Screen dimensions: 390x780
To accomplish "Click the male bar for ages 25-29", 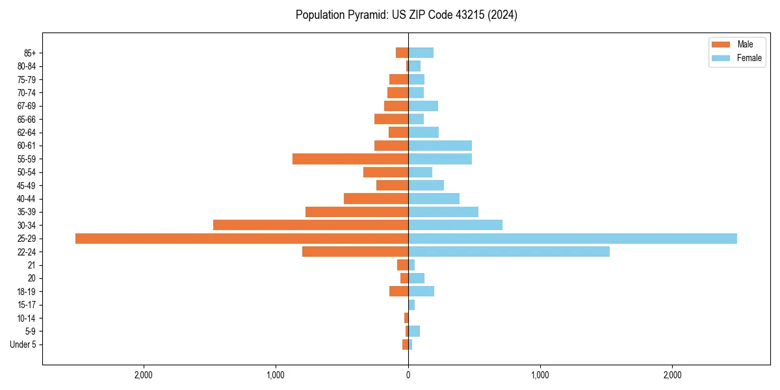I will [x=242, y=239].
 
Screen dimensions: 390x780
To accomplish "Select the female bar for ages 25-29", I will [x=572, y=239].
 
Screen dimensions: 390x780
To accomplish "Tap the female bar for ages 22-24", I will [x=509, y=252].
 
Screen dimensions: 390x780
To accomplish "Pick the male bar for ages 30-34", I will [x=311, y=225].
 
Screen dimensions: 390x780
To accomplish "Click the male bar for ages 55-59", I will [x=350, y=159].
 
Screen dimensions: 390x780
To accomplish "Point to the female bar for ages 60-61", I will [x=440, y=146].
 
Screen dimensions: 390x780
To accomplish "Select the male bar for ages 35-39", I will [x=357, y=212].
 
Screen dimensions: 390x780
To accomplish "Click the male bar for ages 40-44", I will [x=376, y=198].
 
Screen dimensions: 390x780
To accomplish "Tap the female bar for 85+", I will [x=421, y=53].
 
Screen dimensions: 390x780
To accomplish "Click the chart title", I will [x=406, y=15].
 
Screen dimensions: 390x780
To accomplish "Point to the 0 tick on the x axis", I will [x=408, y=375].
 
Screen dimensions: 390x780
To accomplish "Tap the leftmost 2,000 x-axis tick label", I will [x=143, y=375].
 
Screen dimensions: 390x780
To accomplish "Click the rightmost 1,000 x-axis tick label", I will [x=540, y=375].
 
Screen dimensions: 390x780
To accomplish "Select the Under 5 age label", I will [x=23, y=344].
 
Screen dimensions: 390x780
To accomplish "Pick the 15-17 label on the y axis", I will [x=27, y=305].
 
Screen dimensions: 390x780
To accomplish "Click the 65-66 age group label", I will [x=27, y=119].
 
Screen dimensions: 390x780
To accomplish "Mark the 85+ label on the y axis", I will [x=30, y=53].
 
